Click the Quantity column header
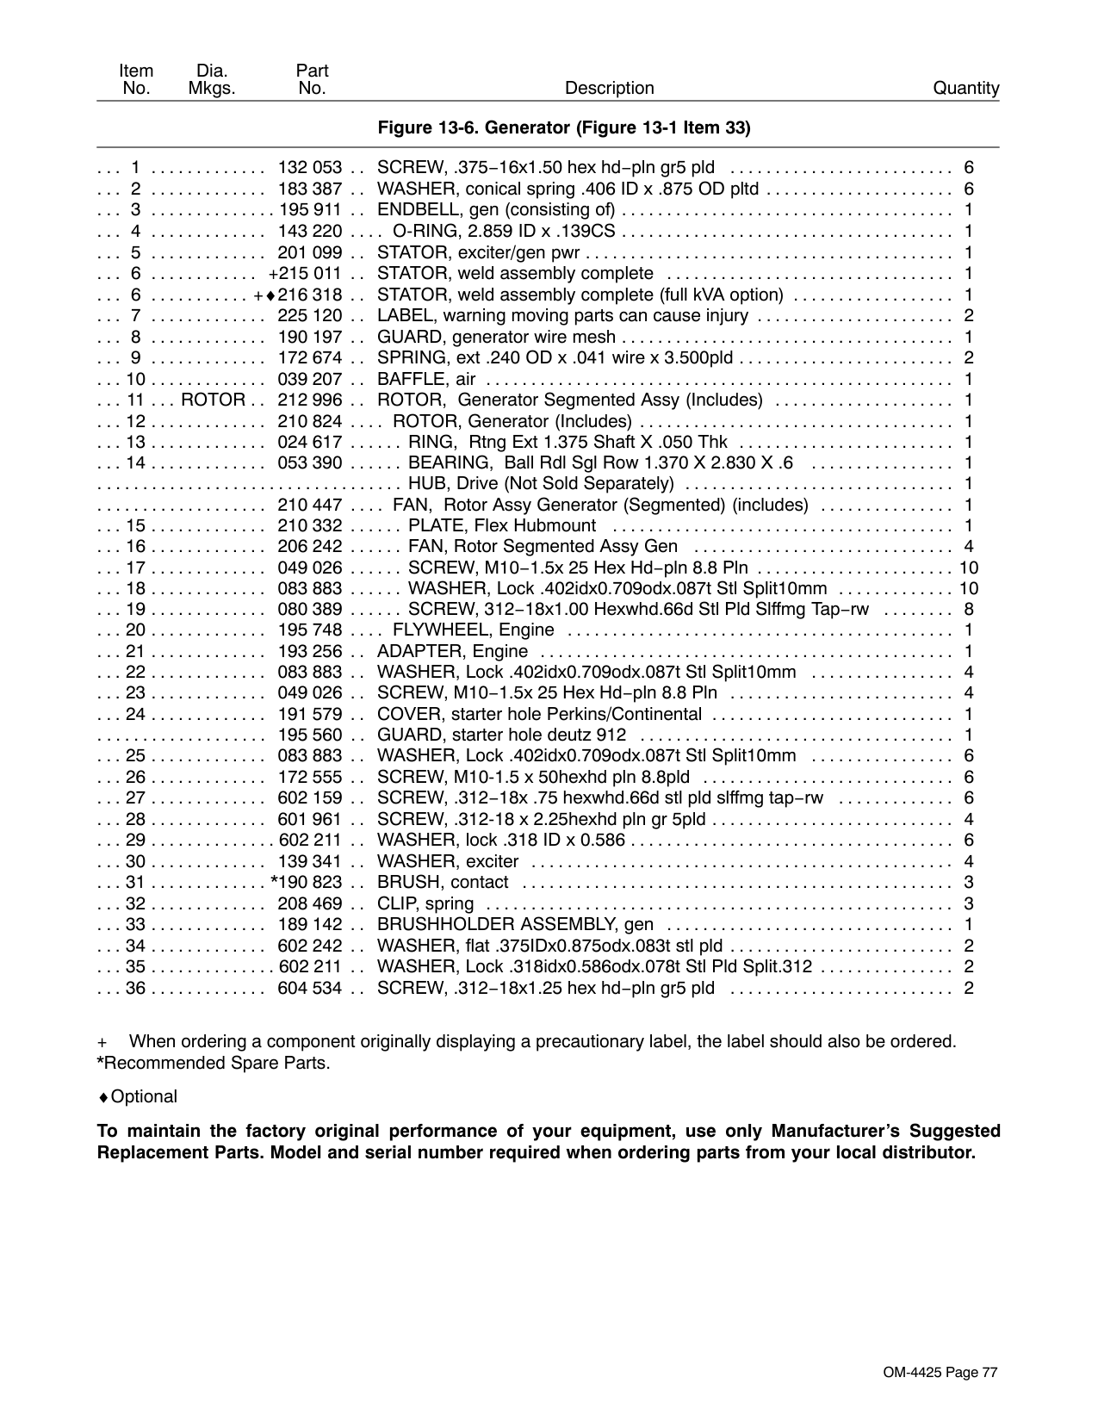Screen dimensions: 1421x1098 click(966, 88)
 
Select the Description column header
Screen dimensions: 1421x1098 click(609, 88)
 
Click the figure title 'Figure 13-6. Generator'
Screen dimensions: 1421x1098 click(564, 128)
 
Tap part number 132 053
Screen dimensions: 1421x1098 click(309, 168)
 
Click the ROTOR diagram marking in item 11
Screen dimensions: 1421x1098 click(213, 400)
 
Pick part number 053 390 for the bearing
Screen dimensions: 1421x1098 click(309, 463)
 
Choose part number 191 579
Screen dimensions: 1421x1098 click(309, 715)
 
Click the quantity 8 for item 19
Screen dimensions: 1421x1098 click(969, 610)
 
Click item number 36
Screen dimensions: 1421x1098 click(136, 988)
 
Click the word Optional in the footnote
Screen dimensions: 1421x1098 click(144, 1096)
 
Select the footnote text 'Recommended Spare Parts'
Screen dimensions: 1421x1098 click(216, 1063)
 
